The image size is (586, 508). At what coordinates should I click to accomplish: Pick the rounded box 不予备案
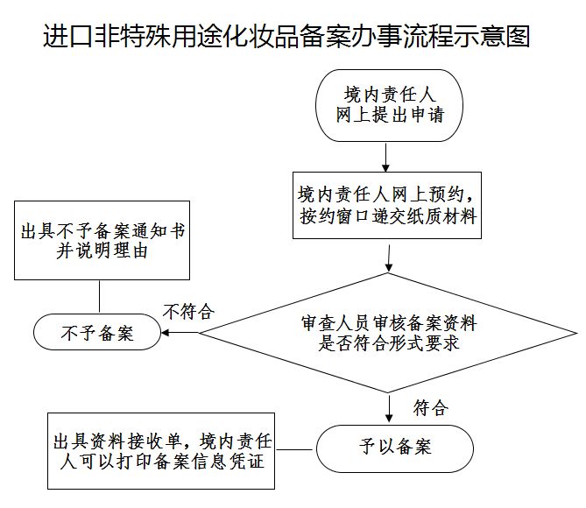click(x=96, y=333)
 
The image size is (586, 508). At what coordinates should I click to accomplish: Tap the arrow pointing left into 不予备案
click(x=180, y=333)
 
